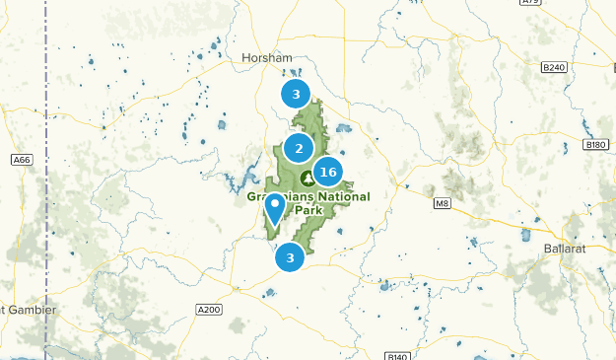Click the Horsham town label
pos(267,58)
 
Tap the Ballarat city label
pos(565,249)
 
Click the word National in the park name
pos(339,196)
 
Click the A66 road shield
pos(21,159)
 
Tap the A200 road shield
pos(209,309)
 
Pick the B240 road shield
pos(554,67)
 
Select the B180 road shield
pos(595,144)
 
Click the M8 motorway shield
pos(441,204)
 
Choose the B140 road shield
pos(397,356)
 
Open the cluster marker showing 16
pos(328,173)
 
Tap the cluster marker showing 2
pos(299,149)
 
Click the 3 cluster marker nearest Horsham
pos(294,94)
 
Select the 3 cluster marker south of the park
pos(290,258)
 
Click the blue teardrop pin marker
pos(275,207)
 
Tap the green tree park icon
pos(308,178)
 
